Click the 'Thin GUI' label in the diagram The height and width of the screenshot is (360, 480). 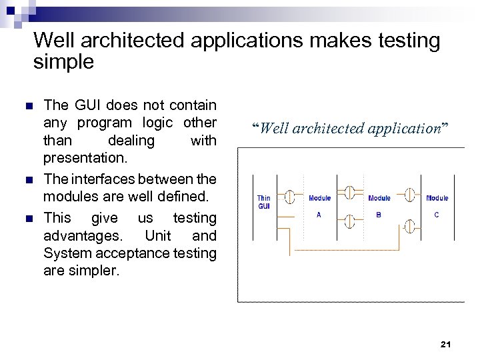(x=264, y=202)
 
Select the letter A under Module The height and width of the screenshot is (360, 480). (x=319, y=215)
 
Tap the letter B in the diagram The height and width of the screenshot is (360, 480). (x=379, y=215)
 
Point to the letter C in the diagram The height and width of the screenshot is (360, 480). (x=437, y=215)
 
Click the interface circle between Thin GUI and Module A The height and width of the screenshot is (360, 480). (x=290, y=197)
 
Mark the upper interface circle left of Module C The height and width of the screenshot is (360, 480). (x=411, y=196)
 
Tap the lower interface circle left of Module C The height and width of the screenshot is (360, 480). (x=410, y=227)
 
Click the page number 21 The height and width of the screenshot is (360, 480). (x=446, y=344)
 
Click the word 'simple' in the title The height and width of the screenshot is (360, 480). (x=63, y=63)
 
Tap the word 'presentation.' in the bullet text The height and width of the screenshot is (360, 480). (x=84, y=159)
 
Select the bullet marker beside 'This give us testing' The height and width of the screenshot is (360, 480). (x=28, y=219)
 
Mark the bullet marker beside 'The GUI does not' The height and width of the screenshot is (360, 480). (x=28, y=106)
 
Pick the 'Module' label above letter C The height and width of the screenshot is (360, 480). (x=437, y=198)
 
